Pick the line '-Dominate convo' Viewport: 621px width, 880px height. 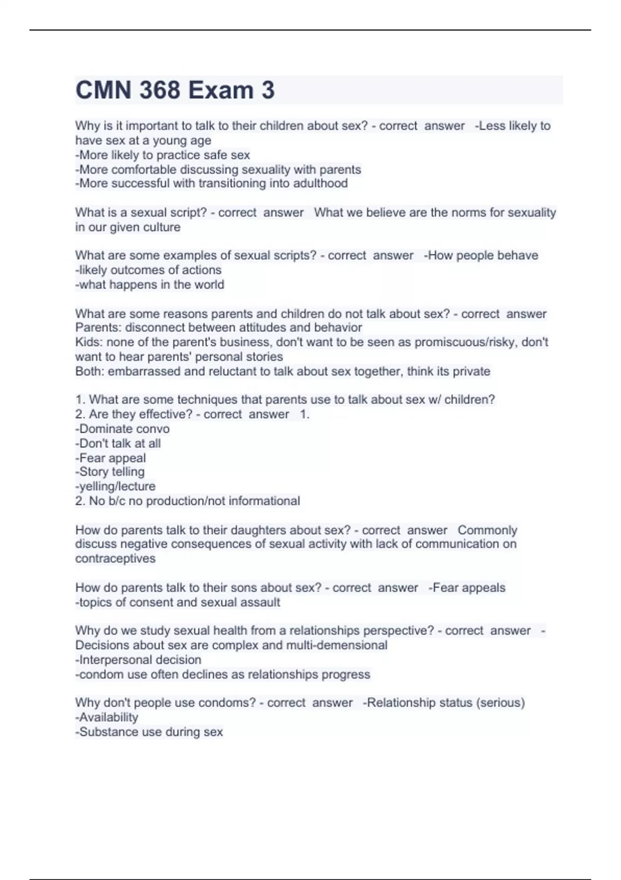pos(122,429)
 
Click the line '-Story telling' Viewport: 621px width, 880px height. pos(110,472)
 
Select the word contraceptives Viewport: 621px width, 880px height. pos(115,559)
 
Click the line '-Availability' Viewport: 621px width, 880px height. pos(107,717)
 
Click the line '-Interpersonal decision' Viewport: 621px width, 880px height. pos(138,659)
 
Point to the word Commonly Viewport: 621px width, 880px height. pos(487,530)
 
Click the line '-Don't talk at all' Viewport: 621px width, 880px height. pos(118,443)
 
